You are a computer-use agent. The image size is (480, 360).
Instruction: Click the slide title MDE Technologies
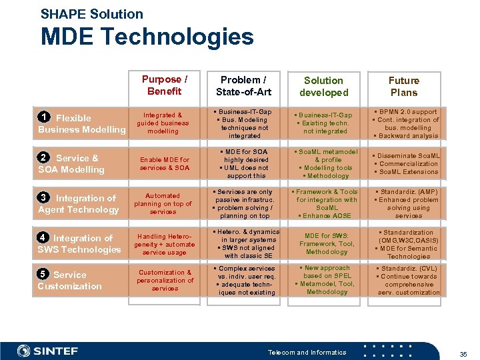147,37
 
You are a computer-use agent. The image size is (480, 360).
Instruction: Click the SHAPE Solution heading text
91,13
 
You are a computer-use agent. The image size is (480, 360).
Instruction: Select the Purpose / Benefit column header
164,85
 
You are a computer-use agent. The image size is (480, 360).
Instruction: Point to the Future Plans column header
404,86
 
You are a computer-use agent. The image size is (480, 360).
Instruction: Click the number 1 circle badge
44,118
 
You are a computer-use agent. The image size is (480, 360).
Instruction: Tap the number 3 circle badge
44,198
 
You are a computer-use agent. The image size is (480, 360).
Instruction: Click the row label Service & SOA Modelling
71,164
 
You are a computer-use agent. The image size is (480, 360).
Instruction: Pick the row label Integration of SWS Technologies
79,244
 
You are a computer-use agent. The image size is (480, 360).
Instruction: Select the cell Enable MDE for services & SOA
164,164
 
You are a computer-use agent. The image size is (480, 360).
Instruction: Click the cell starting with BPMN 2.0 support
405,124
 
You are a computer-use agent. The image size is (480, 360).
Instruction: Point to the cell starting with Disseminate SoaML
405,164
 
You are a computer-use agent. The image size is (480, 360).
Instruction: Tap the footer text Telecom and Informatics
307,352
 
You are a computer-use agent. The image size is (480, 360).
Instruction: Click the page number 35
463,353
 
